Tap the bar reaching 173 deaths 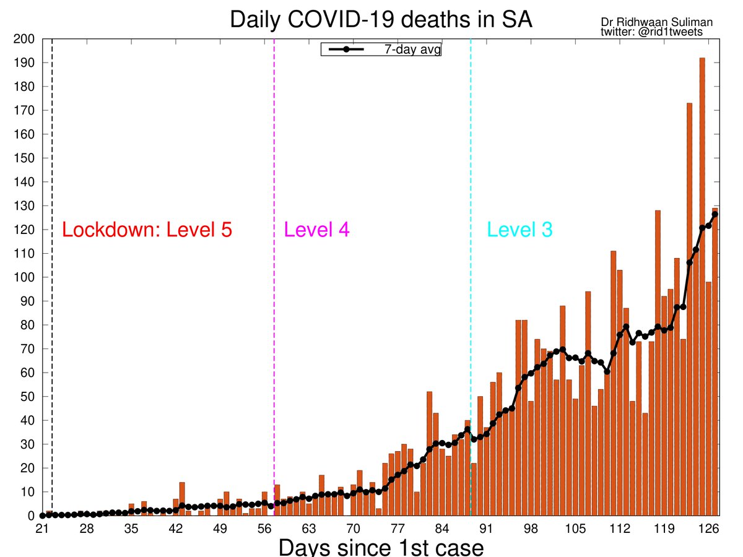coord(690,309)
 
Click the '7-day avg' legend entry coord(381,50)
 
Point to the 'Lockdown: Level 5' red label coord(147,230)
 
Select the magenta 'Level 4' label coord(316,230)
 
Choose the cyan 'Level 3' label coord(519,230)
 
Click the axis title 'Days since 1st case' coord(380,548)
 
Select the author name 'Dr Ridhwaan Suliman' coord(656,22)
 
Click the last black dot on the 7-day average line coord(715,214)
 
